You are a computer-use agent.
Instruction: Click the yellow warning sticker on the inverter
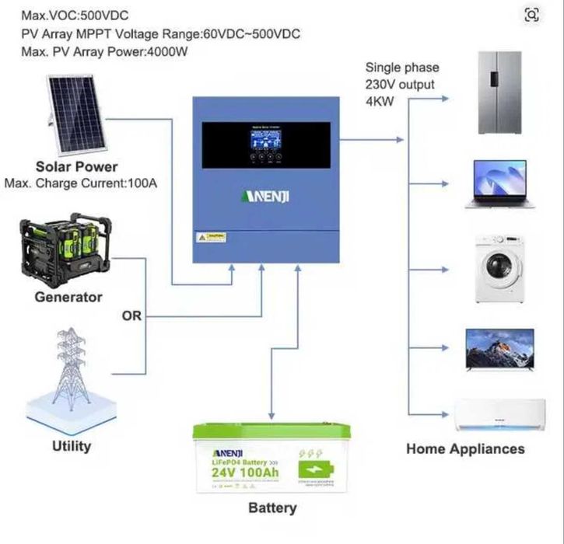pos(210,236)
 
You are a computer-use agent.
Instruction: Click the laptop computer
pos(496,184)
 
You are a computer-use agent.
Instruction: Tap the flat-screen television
pos(499,349)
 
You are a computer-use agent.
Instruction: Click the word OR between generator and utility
pos(131,316)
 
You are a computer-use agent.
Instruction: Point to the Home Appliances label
pos(465,448)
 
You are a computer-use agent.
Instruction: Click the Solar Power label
pos(76,166)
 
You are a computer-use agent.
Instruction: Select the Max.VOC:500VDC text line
pos(74,16)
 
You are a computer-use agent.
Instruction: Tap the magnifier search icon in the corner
pos(531,15)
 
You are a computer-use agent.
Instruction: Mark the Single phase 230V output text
pos(401,76)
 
